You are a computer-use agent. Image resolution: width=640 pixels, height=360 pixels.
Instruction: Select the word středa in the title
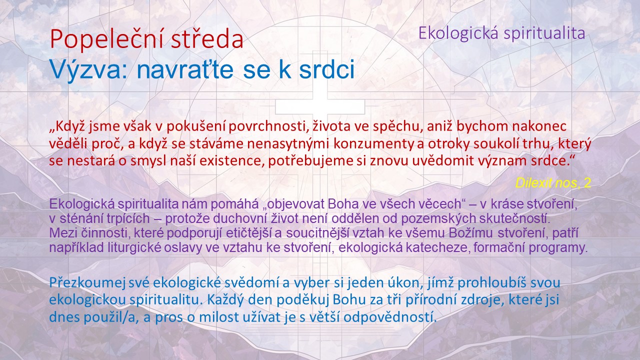pyautogui.click(x=207, y=39)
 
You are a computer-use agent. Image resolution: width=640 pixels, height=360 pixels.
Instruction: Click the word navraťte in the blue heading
pyautogui.click(x=185, y=69)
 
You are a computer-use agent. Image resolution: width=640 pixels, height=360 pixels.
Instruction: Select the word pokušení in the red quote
pyautogui.click(x=196, y=126)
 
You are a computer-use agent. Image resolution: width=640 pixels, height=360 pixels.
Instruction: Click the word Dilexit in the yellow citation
pyautogui.click(x=533, y=183)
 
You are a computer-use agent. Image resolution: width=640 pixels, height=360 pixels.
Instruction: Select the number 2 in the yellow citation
pyautogui.click(x=587, y=183)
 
